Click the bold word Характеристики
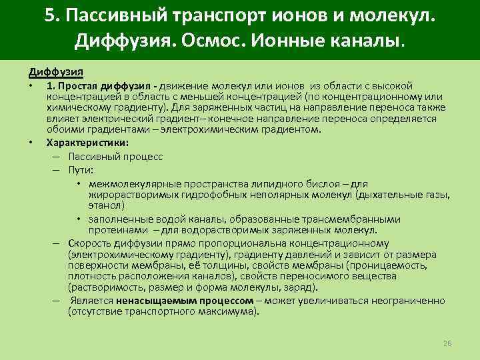pyautogui.click(x=87, y=142)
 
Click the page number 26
pyautogui.click(x=447, y=343)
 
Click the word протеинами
pyautogui.click(x=117, y=230)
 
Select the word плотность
pyautogui.click(x=89, y=276)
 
